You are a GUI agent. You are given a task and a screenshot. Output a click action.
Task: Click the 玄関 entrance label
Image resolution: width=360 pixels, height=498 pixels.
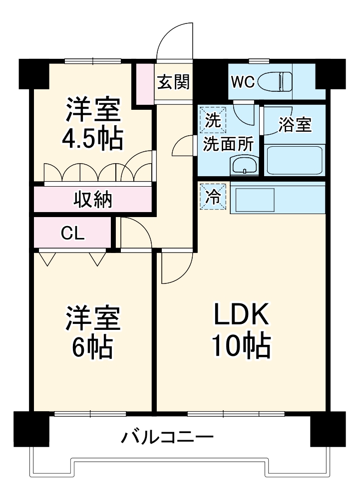click(x=173, y=82)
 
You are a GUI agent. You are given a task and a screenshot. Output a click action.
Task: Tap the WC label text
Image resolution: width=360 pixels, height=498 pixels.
click(x=243, y=81)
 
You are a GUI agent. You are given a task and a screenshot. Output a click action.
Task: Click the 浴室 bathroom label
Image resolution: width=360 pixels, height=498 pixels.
click(x=295, y=125)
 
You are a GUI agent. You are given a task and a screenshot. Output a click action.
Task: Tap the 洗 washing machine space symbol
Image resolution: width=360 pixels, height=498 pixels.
click(x=213, y=120)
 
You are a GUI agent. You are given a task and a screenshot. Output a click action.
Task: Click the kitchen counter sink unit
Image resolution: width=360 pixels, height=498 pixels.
click(x=255, y=199)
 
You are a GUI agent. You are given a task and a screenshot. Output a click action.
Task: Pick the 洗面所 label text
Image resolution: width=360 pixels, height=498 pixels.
click(x=227, y=145)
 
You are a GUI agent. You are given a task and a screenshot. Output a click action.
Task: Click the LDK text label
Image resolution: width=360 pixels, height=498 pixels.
click(x=242, y=315)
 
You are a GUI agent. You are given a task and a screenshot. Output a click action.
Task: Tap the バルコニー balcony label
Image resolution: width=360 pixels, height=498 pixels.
click(x=168, y=438)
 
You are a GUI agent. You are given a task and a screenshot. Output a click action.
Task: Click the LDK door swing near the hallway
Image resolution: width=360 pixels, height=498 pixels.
click(x=175, y=267)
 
